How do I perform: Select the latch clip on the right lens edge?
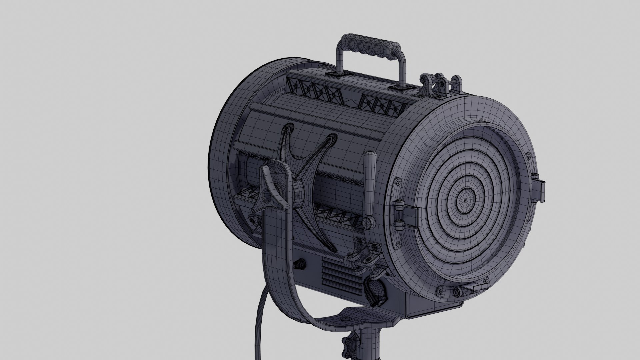[539, 189]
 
